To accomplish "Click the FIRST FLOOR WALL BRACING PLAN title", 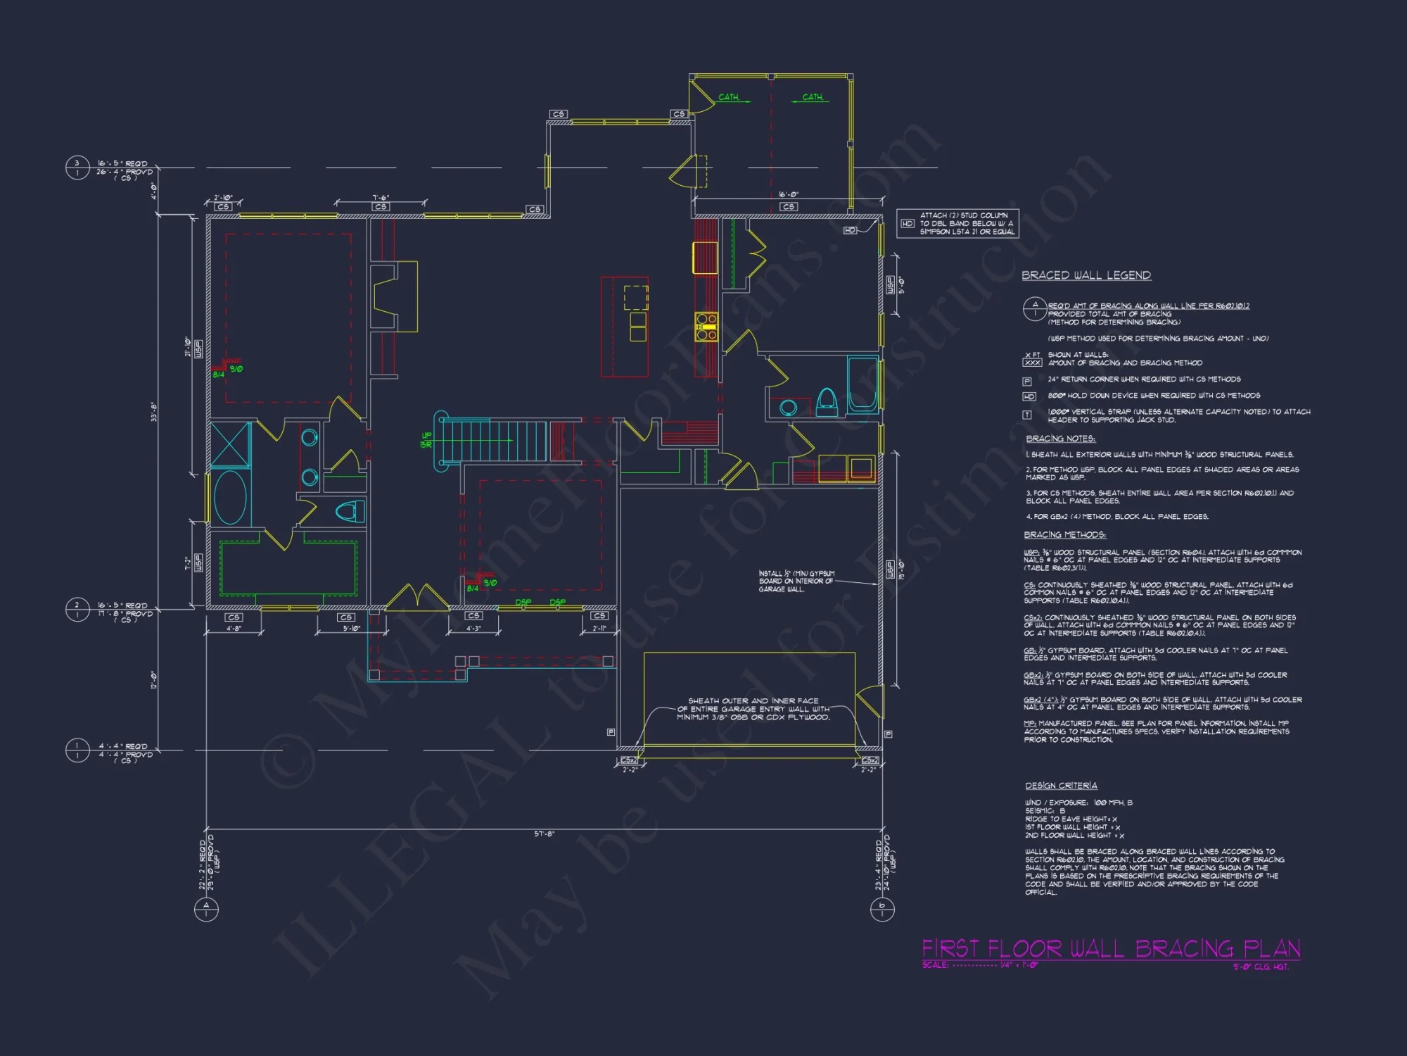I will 1111,948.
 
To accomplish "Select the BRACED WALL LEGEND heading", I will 1086,275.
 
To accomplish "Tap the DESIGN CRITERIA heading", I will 1061,786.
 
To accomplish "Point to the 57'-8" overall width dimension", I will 544,834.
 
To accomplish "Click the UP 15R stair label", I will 426,440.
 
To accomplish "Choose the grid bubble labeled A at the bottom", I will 206,910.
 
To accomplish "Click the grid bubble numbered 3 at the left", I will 77,168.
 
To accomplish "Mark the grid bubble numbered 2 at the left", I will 77,610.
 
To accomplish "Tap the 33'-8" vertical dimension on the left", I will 154,412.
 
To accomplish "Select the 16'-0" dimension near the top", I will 789,195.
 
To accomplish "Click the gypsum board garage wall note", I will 796,582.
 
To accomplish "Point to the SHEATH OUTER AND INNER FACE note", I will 753,709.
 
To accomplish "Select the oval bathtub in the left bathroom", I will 230,498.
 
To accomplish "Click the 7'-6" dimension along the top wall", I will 381,198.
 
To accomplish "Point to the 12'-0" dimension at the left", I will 154,680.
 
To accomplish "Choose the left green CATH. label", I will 729,97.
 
